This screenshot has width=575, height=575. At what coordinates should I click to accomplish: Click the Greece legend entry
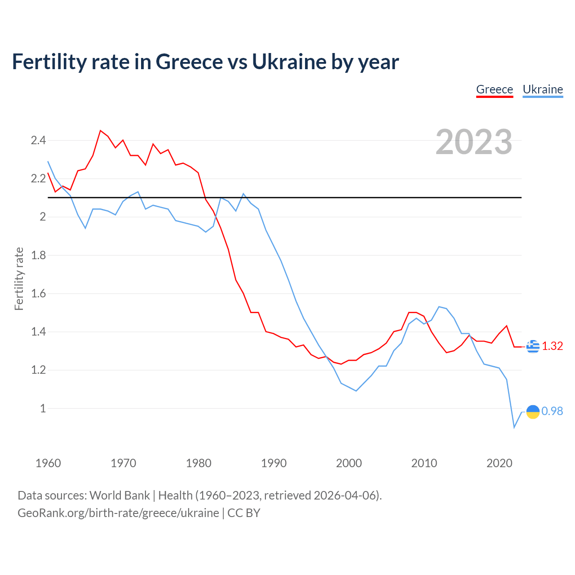[x=494, y=89]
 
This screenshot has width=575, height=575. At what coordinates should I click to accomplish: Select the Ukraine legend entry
[x=543, y=89]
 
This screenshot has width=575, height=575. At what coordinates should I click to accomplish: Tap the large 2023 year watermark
[x=473, y=142]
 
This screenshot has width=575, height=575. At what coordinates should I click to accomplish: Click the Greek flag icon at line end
[x=533, y=346]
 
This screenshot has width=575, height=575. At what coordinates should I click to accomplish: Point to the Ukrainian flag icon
[x=533, y=411]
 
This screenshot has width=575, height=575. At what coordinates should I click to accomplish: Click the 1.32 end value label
[x=552, y=346]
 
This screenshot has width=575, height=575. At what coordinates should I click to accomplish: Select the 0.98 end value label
[x=552, y=411]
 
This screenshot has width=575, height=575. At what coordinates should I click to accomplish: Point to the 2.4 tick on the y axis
[x=38, y=141]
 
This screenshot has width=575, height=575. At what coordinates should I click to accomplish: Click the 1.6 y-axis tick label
[x=38, y=294]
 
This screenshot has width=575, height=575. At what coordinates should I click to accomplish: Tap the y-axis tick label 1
[x=43, y=408]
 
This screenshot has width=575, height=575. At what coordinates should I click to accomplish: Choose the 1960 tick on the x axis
[x=48, y=463]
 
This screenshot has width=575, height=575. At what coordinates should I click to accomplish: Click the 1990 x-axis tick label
[x=274, y=463]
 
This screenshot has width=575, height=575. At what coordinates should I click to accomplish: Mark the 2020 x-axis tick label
[x=499, y=463]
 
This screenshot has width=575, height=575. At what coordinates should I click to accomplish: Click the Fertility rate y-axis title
[x=19, y=279]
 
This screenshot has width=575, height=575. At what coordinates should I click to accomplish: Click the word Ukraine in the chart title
[x=290, y=62]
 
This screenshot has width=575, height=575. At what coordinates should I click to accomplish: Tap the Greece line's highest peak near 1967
[x=101, y=131]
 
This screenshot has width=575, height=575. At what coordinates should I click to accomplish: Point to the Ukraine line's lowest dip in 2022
[x=514, y=427]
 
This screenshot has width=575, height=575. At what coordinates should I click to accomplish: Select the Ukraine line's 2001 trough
[x=356, y=391]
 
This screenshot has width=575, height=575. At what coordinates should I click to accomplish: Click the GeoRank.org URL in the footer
[x=118, y=513]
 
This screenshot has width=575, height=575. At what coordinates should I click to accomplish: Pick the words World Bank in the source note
[x=119, y=495]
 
